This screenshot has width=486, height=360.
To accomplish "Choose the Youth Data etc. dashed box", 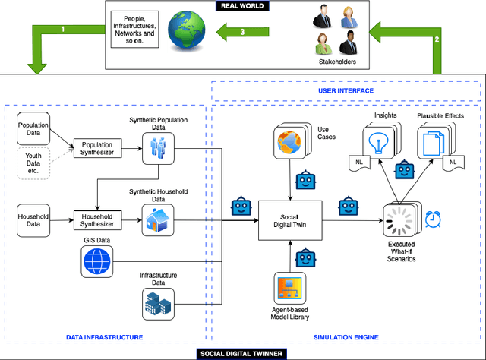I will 34,162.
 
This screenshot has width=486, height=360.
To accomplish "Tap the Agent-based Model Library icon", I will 290,289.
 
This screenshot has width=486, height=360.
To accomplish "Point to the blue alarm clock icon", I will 435,219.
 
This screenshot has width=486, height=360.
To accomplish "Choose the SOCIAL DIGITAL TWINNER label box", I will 242,353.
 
